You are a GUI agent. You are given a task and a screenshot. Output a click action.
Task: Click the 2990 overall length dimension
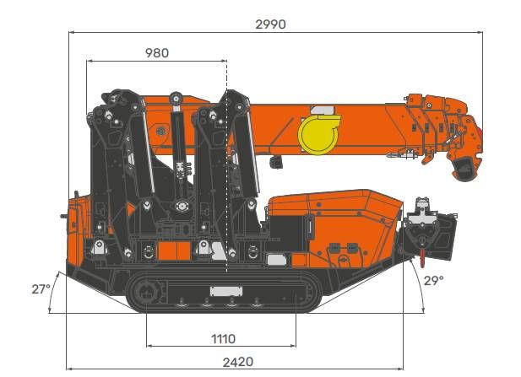coord(270,24)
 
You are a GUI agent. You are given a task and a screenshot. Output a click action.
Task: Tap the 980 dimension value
coord(157,53)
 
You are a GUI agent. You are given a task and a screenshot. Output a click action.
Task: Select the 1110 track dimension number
coord(223,339)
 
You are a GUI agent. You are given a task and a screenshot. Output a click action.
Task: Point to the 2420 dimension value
coord(238,362)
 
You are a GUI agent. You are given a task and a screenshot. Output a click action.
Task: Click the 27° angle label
coord(41,289)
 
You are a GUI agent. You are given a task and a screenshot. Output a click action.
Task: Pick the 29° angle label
coord(434,281)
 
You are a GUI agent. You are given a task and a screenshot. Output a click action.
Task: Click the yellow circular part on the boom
coord(319,134)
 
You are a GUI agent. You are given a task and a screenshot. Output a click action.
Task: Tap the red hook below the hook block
coord(422,258)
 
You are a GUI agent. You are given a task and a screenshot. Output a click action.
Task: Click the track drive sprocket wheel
coord(145,293)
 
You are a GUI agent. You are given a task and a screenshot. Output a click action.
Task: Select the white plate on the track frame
coord(226,291)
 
